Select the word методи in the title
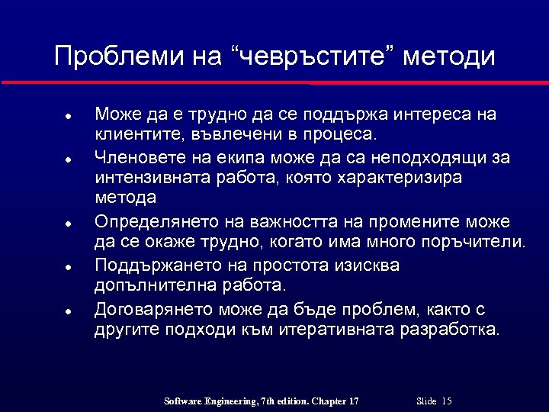click(449, 56)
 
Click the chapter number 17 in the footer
click(352, 401)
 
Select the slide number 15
click(447, 401)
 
